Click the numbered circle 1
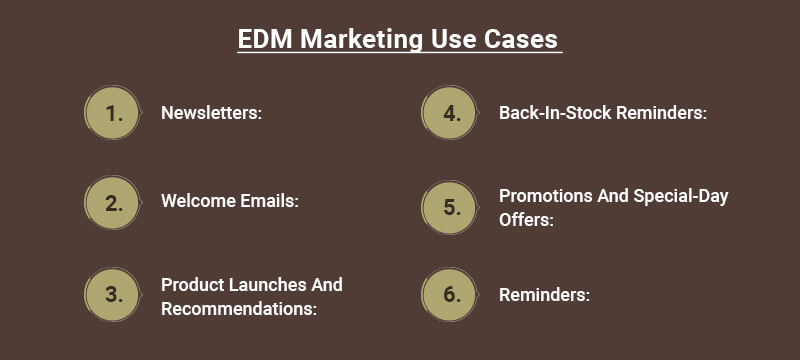[x=113, y=113]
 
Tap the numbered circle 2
[x=113, y=204]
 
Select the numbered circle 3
[x=113, y=295]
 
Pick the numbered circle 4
[x=451, y=113]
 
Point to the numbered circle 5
[x=451, y=208]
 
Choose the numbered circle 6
[x=451, y=295]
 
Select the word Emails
[x=269, y=201]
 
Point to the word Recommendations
[x=239, y=308]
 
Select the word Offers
[x=526, y=219]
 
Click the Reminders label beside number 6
[x=544, y=295]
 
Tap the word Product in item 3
[x=192, y=284]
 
